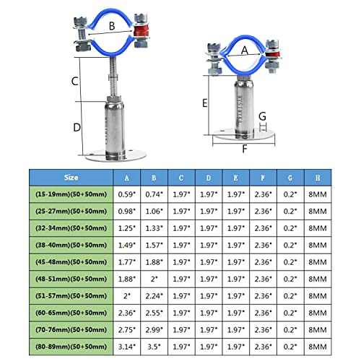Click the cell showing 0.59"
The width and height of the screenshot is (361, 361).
128,194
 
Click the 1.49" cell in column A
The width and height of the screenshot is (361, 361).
128,245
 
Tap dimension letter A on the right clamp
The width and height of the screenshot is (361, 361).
244,50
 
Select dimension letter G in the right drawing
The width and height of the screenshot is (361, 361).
262,116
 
